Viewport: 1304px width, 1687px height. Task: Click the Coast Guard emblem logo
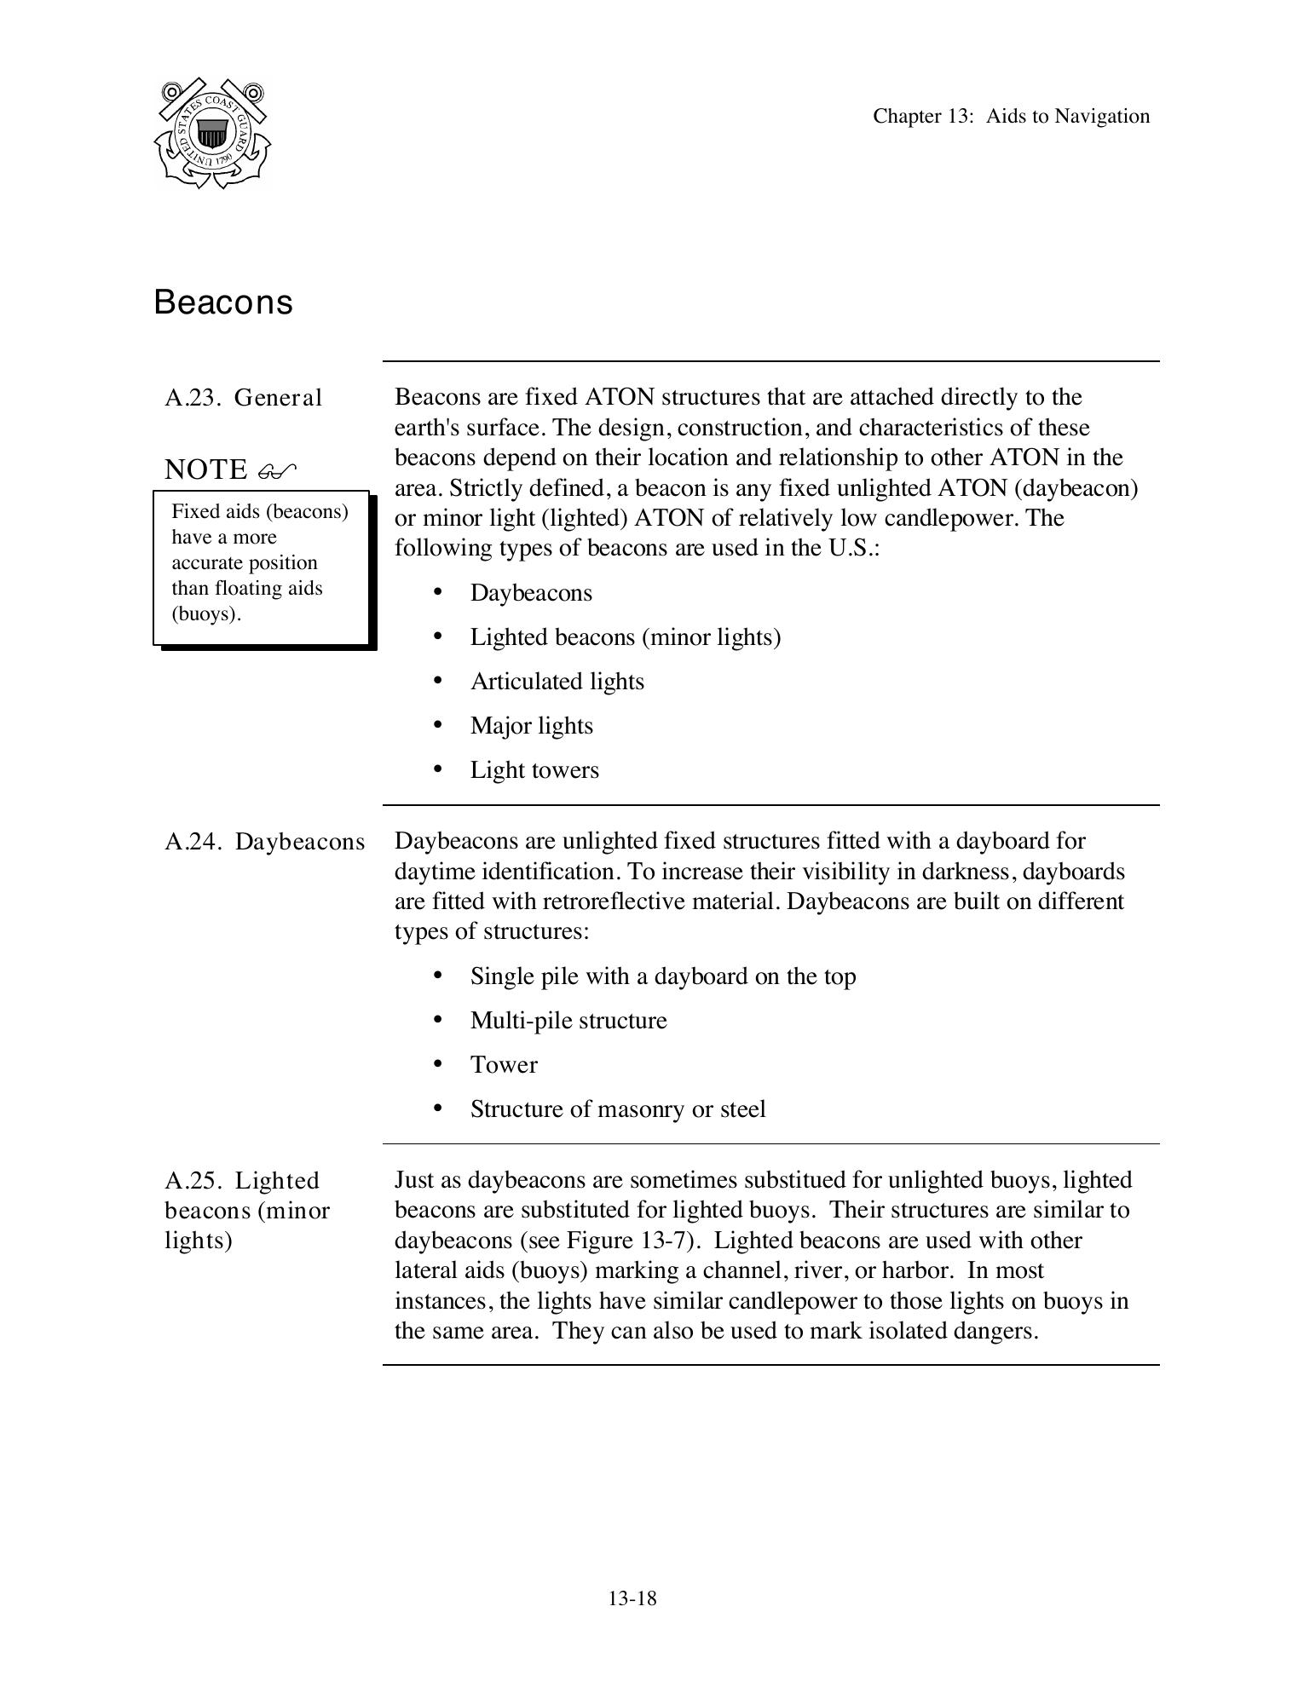point(212,134)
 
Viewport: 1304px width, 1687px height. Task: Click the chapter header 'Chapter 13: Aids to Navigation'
point(1011,117)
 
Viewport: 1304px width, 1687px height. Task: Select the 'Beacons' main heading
point(223,302)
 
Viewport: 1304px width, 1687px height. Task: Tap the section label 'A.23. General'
point(243,398)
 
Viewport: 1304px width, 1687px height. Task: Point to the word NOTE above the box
point(205,469)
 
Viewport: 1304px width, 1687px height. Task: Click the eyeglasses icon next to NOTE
point(277,469)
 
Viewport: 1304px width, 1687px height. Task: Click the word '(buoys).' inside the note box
point(207,614)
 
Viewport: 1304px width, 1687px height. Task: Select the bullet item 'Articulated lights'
point(557,682)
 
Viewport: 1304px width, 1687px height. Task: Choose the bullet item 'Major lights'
point(531,726)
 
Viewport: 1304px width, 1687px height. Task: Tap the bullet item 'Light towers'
point(534,770)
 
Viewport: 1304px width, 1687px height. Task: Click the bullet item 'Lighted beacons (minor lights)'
point(625,637)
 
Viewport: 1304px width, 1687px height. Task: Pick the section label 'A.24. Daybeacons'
point(264,842)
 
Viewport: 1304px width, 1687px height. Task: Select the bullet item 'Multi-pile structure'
point(568,1021)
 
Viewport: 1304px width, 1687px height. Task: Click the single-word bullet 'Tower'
point(504,1065)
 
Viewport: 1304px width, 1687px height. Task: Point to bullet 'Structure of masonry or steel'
point(618,1109)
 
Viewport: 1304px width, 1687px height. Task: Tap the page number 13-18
point(632,1598)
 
